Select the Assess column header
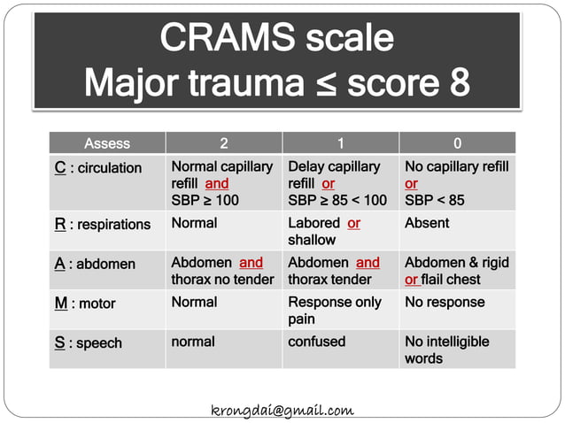point(107,143)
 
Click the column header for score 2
point(223,143)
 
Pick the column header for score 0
point(456,143)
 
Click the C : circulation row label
point(97,168)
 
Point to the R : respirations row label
point(103,225)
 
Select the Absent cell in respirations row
point(427,224)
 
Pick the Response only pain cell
point(334,311)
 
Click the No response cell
point(445,303)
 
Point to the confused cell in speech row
point(316,342)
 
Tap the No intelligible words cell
point(446,350)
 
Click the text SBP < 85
point(434,201)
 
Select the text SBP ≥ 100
point(205,201)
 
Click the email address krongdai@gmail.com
point(282,410)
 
